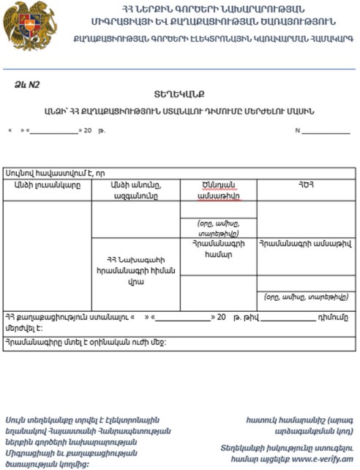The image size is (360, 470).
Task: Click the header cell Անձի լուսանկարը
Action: pyautogui.click(x=47, y=185)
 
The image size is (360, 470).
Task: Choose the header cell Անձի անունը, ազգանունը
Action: pyautogui.click(x=135, y=190)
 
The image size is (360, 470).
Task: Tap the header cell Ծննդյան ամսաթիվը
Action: pyautogui.click(x=218, y=190)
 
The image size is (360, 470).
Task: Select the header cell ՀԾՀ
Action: pyautogui.click(x=305, y=185)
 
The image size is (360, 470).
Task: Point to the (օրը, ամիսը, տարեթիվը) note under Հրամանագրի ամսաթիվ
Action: pyautogui.click(x=305, y=297)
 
